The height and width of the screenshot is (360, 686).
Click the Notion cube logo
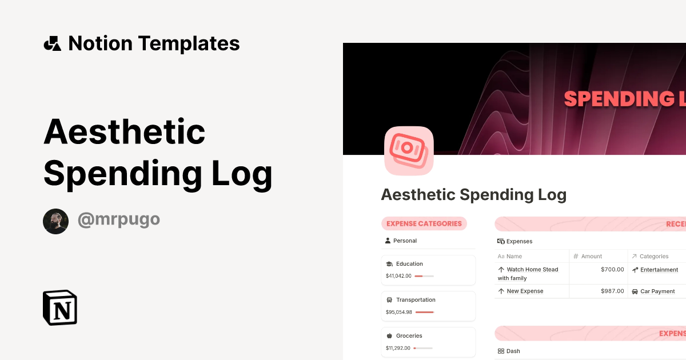60,308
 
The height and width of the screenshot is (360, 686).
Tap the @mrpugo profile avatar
55,221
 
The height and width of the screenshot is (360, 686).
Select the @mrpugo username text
118,220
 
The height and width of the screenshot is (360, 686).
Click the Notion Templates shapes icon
52,43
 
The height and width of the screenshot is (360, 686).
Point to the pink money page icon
408,150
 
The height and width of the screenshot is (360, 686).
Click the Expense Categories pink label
424,223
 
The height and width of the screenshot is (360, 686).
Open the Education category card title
409,264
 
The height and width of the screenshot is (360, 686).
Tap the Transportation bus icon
389,300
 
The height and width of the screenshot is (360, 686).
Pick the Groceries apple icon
389,336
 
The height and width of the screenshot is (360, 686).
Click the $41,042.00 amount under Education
398,276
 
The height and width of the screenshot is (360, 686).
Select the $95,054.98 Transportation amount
398,312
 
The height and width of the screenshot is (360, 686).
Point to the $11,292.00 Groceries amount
398,348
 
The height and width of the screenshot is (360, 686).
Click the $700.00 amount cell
612,270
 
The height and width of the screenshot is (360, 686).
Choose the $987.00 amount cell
612,291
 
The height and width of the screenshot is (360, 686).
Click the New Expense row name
525,291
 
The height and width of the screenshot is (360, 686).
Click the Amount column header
591,257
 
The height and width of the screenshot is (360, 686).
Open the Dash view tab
513,351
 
